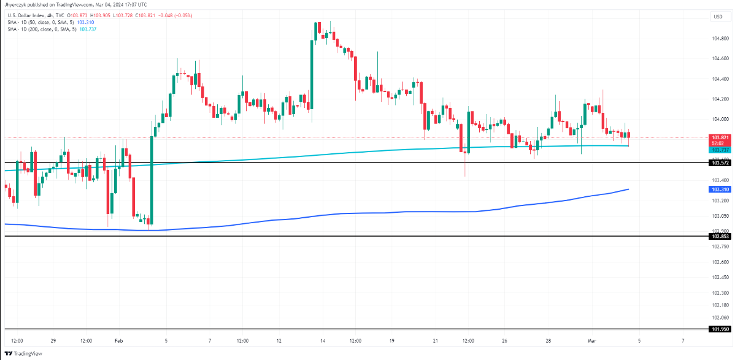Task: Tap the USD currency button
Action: (718, 16)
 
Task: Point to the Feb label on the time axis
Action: (119, 340)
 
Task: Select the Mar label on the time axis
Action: (592, 340)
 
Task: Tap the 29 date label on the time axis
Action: (54, 340)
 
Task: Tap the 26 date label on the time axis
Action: (502, 340)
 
